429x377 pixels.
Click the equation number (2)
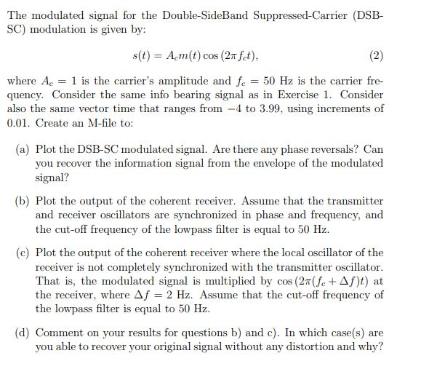point(376,55)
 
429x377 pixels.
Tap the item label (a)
point(23,149)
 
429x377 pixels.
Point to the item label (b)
point(23,201)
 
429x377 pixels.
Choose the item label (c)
point(23,253)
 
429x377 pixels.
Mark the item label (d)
point(23,333)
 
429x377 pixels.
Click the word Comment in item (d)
point(59,333)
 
